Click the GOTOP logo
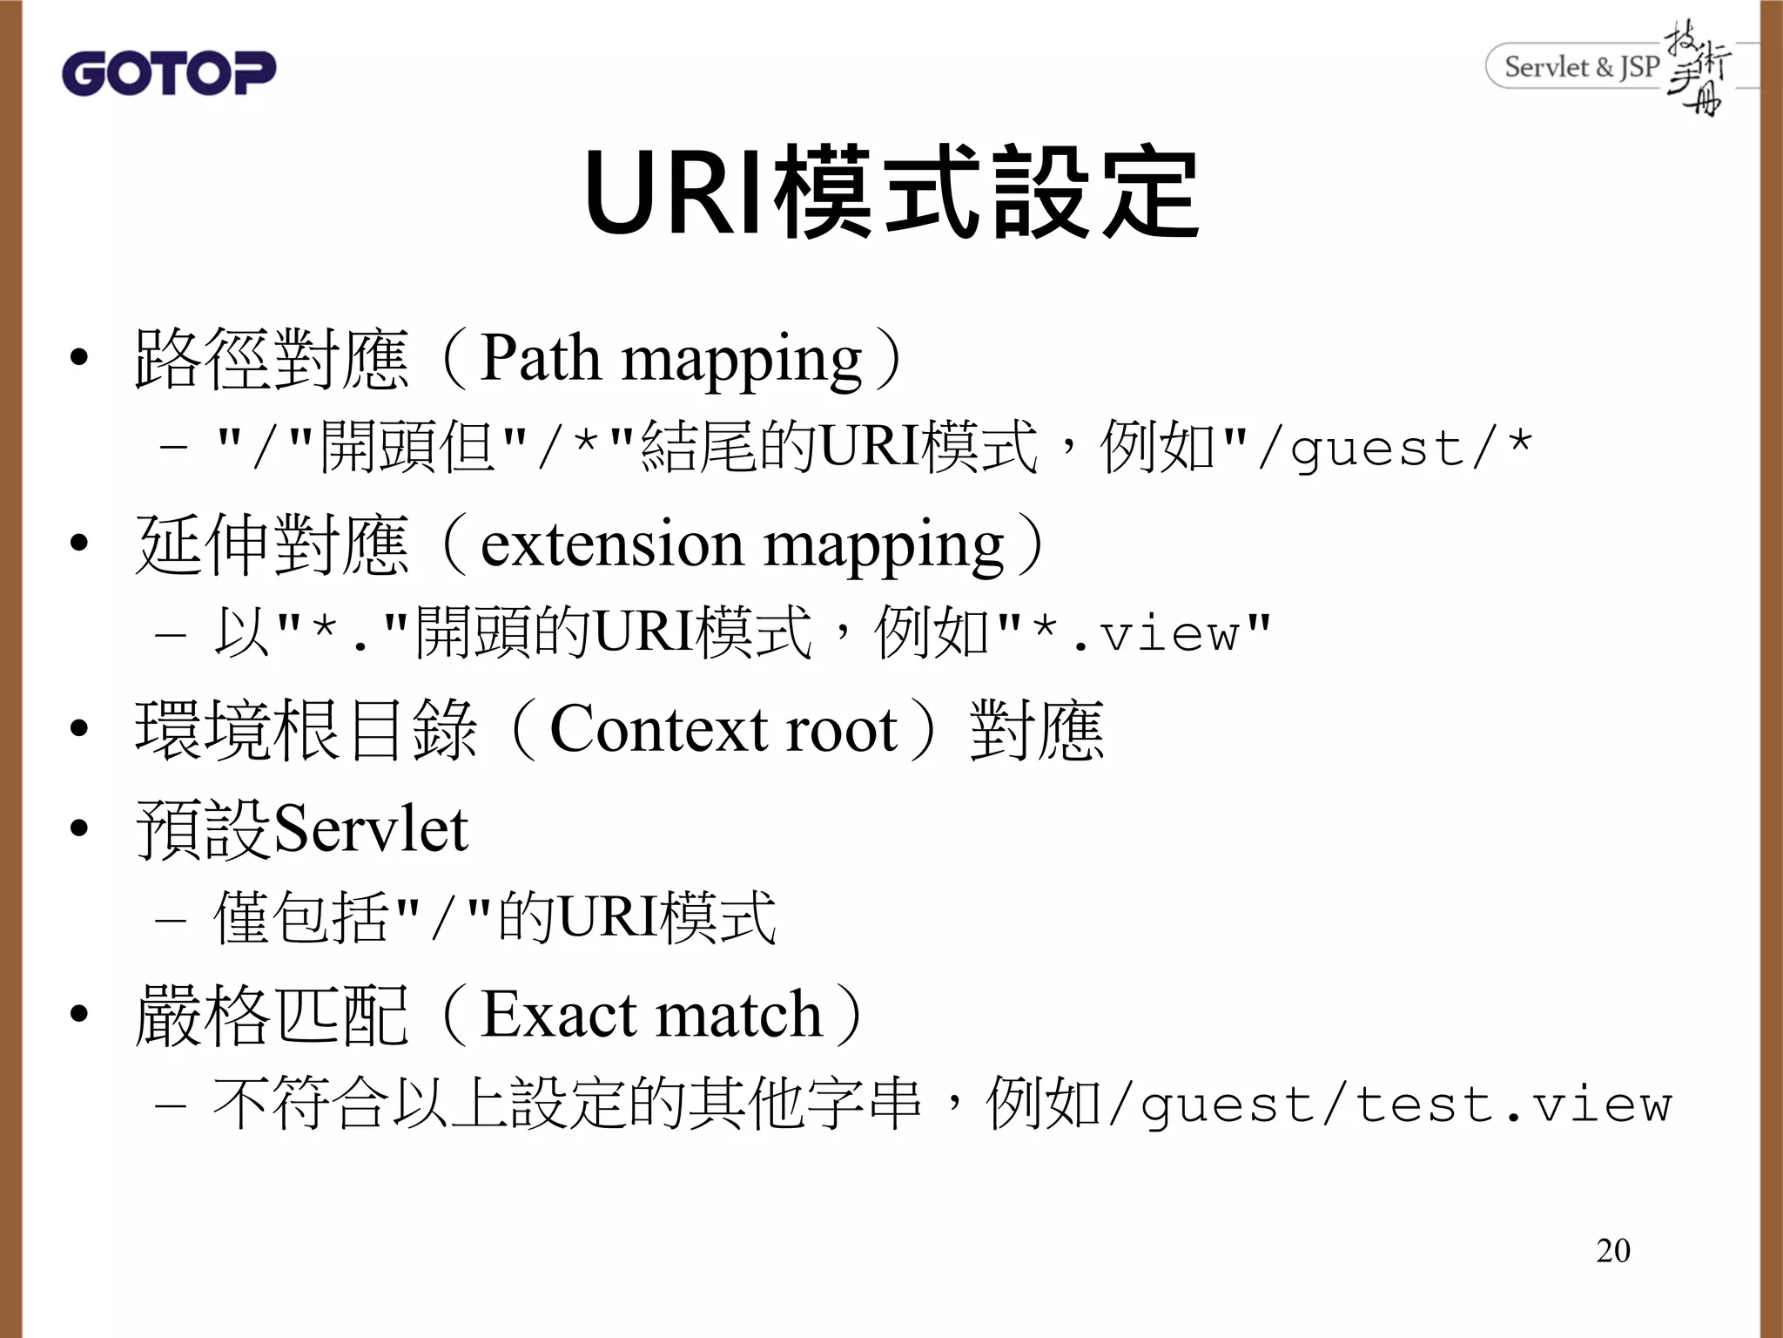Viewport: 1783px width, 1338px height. [x=169, y=72]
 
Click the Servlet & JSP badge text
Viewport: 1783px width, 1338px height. [x=1581, y=67]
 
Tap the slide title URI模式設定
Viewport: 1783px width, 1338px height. [x=891, y=193]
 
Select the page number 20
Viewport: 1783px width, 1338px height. [x=1612, y=1250]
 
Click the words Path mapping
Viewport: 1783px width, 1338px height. [x=670, y=359]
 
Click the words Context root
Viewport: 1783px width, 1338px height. [x=723, y=730]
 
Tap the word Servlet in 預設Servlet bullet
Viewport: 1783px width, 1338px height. [x=371, y=829]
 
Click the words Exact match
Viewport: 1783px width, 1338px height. [x=651, y=1016]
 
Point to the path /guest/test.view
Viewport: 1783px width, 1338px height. [x=1389, y=1105]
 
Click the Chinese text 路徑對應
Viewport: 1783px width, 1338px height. [x=271, y=359]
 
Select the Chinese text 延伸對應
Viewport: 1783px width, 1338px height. [x=271, y=545]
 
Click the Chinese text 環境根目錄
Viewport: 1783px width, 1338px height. [x=306, y=730]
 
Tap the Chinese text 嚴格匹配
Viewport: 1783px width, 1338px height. [x=271, y=1016]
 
